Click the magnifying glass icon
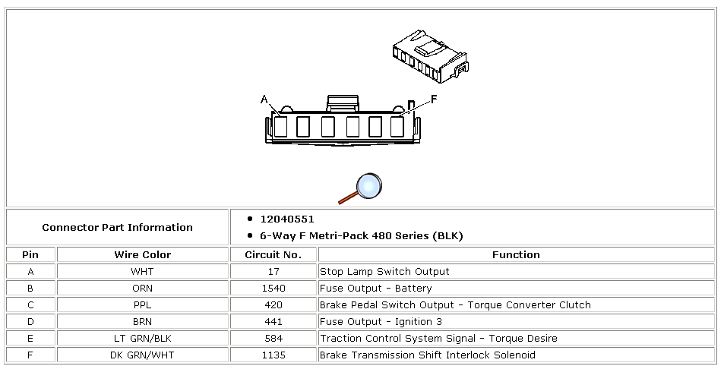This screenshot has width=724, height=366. coord(362,188)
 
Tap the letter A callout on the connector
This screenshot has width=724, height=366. coord(264,99)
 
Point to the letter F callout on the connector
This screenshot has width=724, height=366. coord(434,99)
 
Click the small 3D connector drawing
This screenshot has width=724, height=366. coord(429,58)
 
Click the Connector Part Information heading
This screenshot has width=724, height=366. coord(117,227)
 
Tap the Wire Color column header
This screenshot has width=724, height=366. coord(142,255)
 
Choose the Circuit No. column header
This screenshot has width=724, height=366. coord(273,255)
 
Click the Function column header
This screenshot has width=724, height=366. coord(516,255)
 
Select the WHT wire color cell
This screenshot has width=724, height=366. coord(142,272)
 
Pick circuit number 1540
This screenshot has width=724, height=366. coord(273,289)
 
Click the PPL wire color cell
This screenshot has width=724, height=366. coord(142,305)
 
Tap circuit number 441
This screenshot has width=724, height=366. coord(273,322)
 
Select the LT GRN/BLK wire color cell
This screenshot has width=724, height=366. coord(142,339)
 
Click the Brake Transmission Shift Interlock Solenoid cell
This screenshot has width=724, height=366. coord(427,355)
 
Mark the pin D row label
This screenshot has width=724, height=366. coord(30,322)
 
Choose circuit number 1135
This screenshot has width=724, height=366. coord(273,355)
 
